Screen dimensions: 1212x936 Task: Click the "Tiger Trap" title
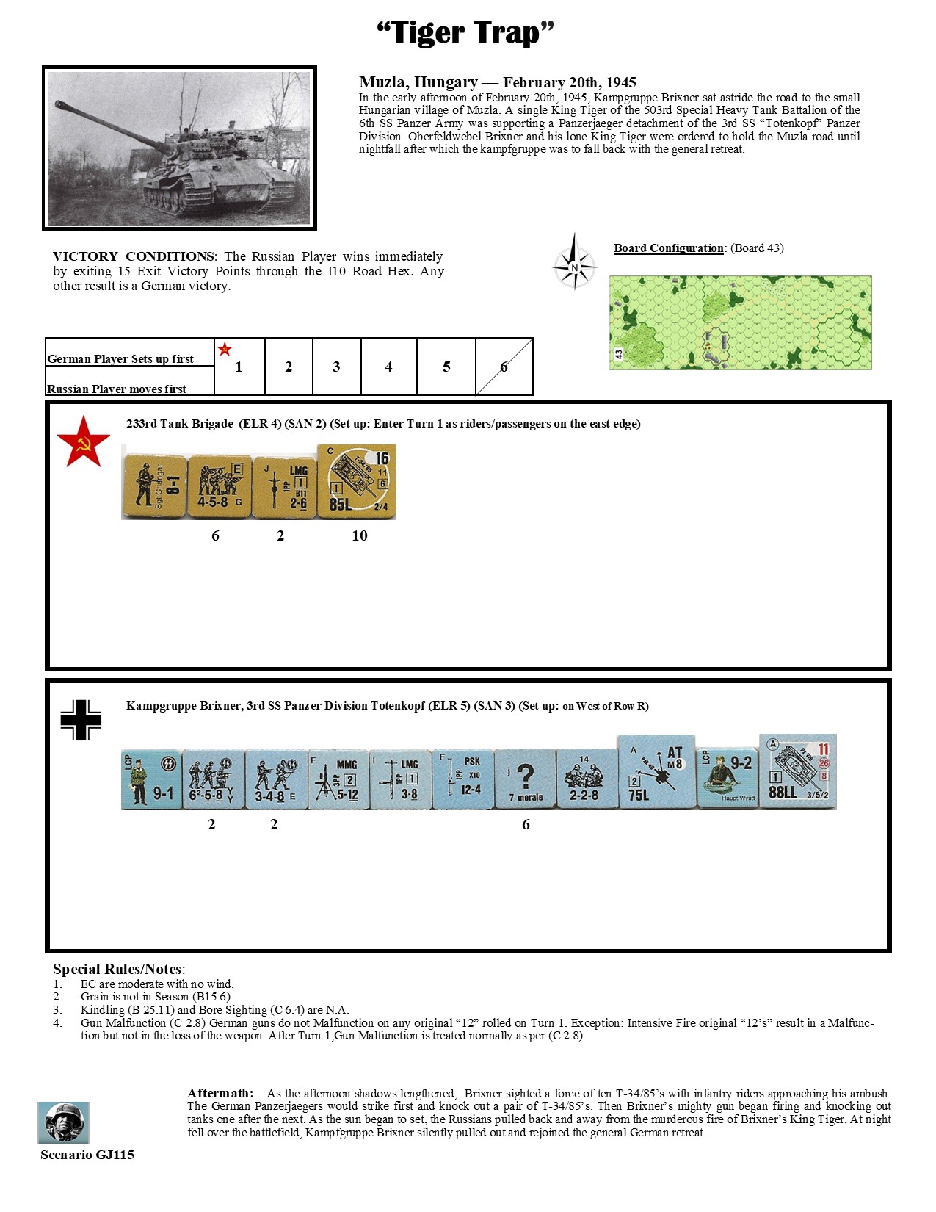click(x=465, y=33)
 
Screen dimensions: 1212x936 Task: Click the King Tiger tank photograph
click(x=179, y=148)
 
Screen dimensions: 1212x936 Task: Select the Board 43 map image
click(x=740, y=322)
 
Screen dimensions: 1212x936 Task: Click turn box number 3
click(x=336, y=367)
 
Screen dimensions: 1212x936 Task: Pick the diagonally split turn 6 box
click(x=504, y=367)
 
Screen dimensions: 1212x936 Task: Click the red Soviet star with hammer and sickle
click(x=83, y=442)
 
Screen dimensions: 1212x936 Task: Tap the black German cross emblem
click(x=81, y=720)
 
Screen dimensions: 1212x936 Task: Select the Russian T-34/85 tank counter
click(x=357, y=481)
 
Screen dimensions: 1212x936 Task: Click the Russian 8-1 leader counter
click(x=154, y=486)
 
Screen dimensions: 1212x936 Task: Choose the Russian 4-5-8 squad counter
click(x=220, y=486)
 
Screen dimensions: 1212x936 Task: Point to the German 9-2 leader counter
click(x=727, y=778)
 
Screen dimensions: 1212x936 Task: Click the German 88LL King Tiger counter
click(x=798, y=771)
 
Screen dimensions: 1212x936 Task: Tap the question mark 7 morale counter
click(x=525, y=779)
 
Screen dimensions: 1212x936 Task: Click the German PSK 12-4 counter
click(x=462, y=779)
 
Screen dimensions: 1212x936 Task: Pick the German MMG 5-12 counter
click(x=338, y=779)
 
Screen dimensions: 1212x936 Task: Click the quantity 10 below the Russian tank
click(x=359, y=536)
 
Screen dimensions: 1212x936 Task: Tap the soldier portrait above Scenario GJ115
click(x=63, y=1122)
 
